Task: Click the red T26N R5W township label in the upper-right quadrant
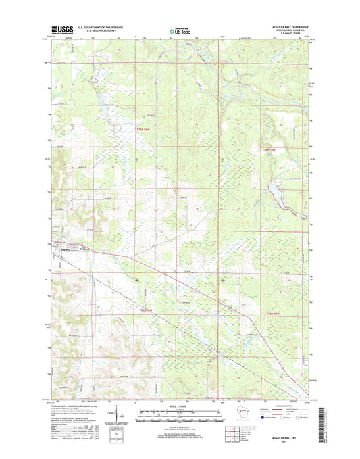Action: click(x=270, y=149)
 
